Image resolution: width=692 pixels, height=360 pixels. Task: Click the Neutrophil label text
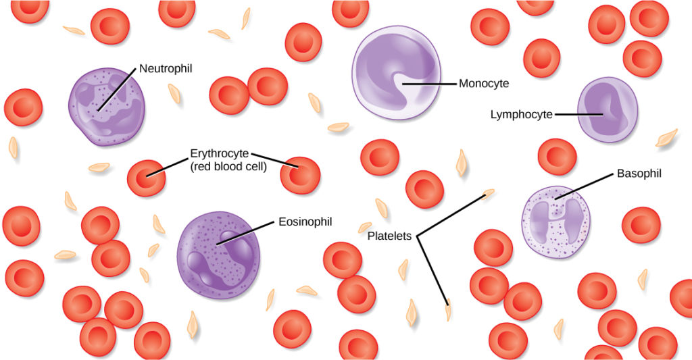point(167,68)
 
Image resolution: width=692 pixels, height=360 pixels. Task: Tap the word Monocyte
point(484,84)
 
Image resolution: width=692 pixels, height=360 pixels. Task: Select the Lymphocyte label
point(521,115)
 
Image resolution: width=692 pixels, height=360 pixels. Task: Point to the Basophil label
point(639,174)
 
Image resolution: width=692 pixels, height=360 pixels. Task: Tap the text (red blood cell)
point(228,166)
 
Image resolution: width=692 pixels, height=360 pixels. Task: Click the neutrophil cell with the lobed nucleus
point(107,107)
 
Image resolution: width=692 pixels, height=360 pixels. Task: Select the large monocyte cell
point(396,73)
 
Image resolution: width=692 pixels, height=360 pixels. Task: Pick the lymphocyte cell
point(607,109)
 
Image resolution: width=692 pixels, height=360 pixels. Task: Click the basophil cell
point(557,222)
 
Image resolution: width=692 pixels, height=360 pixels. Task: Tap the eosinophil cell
point(218,254)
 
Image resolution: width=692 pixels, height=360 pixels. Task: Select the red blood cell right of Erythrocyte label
point(300,176)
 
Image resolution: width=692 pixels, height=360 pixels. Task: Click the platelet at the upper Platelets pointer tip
point(489,194)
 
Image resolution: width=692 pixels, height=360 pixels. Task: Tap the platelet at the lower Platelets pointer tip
point(448,313)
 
